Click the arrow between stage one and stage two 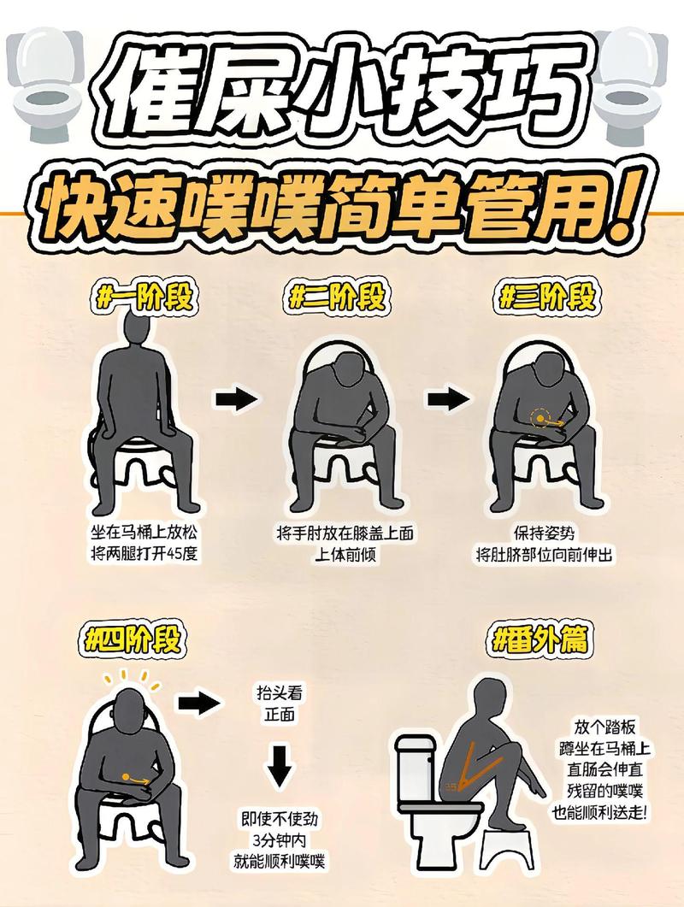(x=235, y=398)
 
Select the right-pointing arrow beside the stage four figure (x=197, y=704)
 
